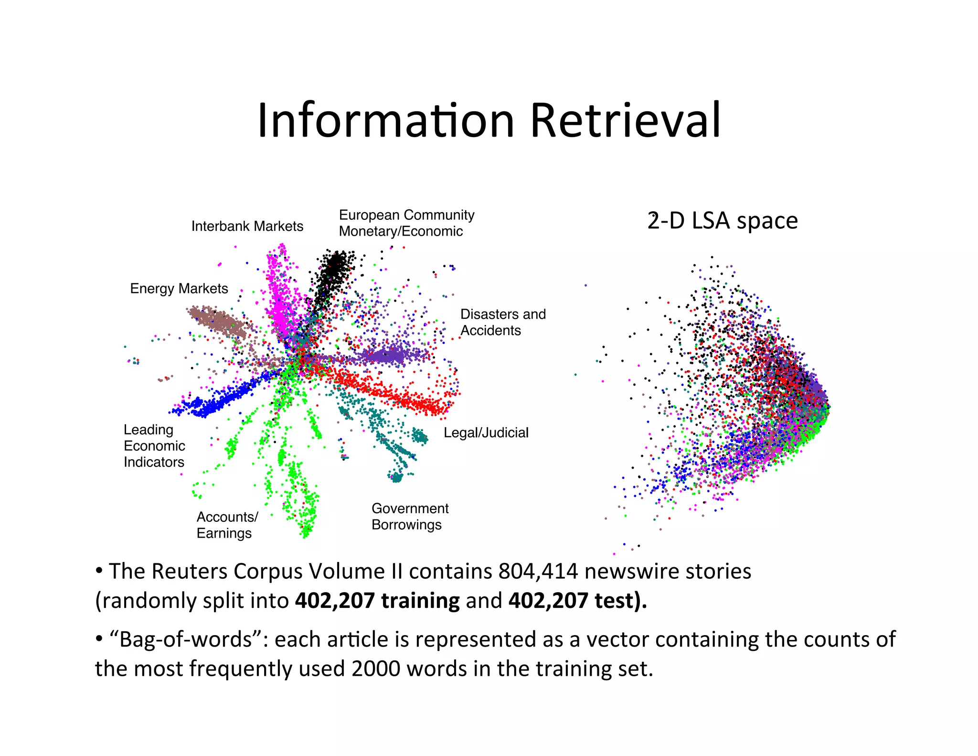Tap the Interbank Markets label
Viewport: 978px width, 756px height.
247,226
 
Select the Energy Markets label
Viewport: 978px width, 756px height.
179,289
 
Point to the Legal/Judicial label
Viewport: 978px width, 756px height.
486,433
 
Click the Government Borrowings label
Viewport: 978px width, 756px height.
410,517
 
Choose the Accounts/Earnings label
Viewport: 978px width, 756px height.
227,525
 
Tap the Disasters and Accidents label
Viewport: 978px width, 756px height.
502,322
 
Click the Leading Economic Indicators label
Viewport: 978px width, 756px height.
154,446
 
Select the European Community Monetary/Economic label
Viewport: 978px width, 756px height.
406,223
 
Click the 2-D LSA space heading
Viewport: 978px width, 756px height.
723,221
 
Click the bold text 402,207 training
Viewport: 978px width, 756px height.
377,601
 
